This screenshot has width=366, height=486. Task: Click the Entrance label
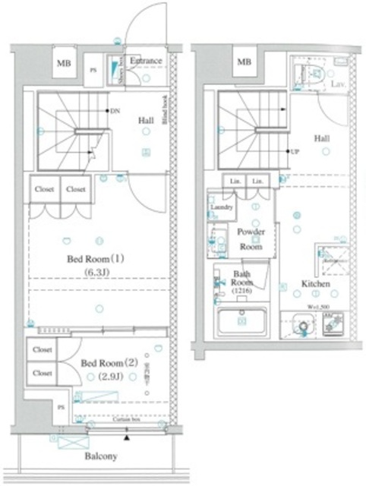pos(145,61)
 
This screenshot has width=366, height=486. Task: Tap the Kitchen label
pos(315,283)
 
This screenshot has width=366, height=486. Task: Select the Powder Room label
pos(251,238)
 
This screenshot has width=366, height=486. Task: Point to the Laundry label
pos(221,207)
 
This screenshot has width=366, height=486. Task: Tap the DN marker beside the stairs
pos(115,111)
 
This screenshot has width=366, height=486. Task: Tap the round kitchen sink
pos(301,328)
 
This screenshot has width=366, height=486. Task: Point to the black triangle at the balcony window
pos(127,438)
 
